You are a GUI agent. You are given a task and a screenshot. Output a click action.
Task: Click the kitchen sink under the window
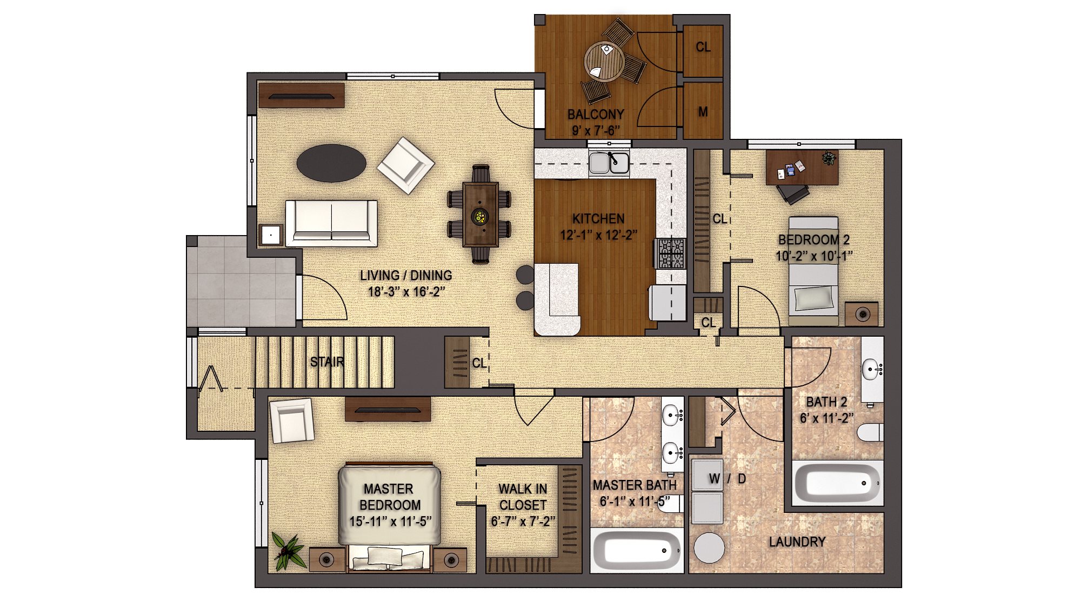[x=609, y=163]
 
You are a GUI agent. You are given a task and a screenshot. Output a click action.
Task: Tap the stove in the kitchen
[x=670, y=253]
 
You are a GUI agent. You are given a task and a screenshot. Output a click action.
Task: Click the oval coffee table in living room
[x=331, y=163]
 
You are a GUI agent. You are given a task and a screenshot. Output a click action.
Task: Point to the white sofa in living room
[x=331, y=223]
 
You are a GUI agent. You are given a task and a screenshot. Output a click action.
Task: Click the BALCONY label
[x=596, y=115]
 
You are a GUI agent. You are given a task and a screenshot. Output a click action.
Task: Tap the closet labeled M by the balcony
[x=703, y=111]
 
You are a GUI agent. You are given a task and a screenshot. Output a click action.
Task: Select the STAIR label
[x=327, y=362]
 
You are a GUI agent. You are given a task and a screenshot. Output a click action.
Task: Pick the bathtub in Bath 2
[x=837, y=483]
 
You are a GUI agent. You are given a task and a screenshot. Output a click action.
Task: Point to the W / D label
[x=727, y=479]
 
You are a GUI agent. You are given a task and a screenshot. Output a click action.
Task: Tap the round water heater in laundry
[x=709, y=548]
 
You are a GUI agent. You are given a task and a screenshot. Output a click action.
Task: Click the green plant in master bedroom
[x=288, y=551]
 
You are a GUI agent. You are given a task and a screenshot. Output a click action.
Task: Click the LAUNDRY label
[x=797, y=542]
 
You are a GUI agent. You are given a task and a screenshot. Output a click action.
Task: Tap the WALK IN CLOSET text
[x=523, y=497]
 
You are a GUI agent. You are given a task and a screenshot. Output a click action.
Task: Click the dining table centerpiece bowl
[x=479, y=217]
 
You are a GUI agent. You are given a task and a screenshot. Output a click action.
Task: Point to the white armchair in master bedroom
[x=292, y=420]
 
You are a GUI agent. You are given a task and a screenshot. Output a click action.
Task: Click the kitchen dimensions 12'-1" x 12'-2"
[x=598, y=235]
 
